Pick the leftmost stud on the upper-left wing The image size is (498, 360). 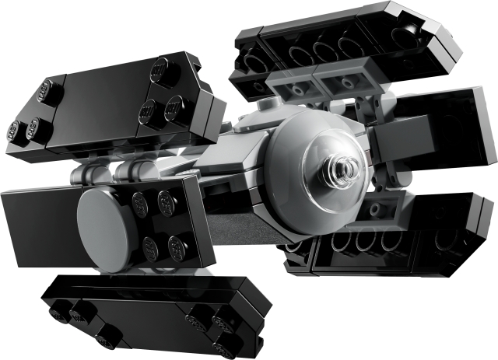[15, 130]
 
